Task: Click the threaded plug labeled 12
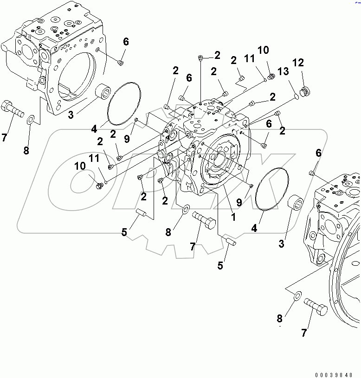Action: pyautogui.click(x=304, y=91)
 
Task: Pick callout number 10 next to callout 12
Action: pyautogui.click(x=263, y=50)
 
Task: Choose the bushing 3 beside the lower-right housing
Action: pyautogui.click(x=296, y=205)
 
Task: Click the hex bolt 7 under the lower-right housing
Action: pyautogui.click(x=316, y=306)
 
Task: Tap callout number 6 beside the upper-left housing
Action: pyautogui.click(x=126, y=42)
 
